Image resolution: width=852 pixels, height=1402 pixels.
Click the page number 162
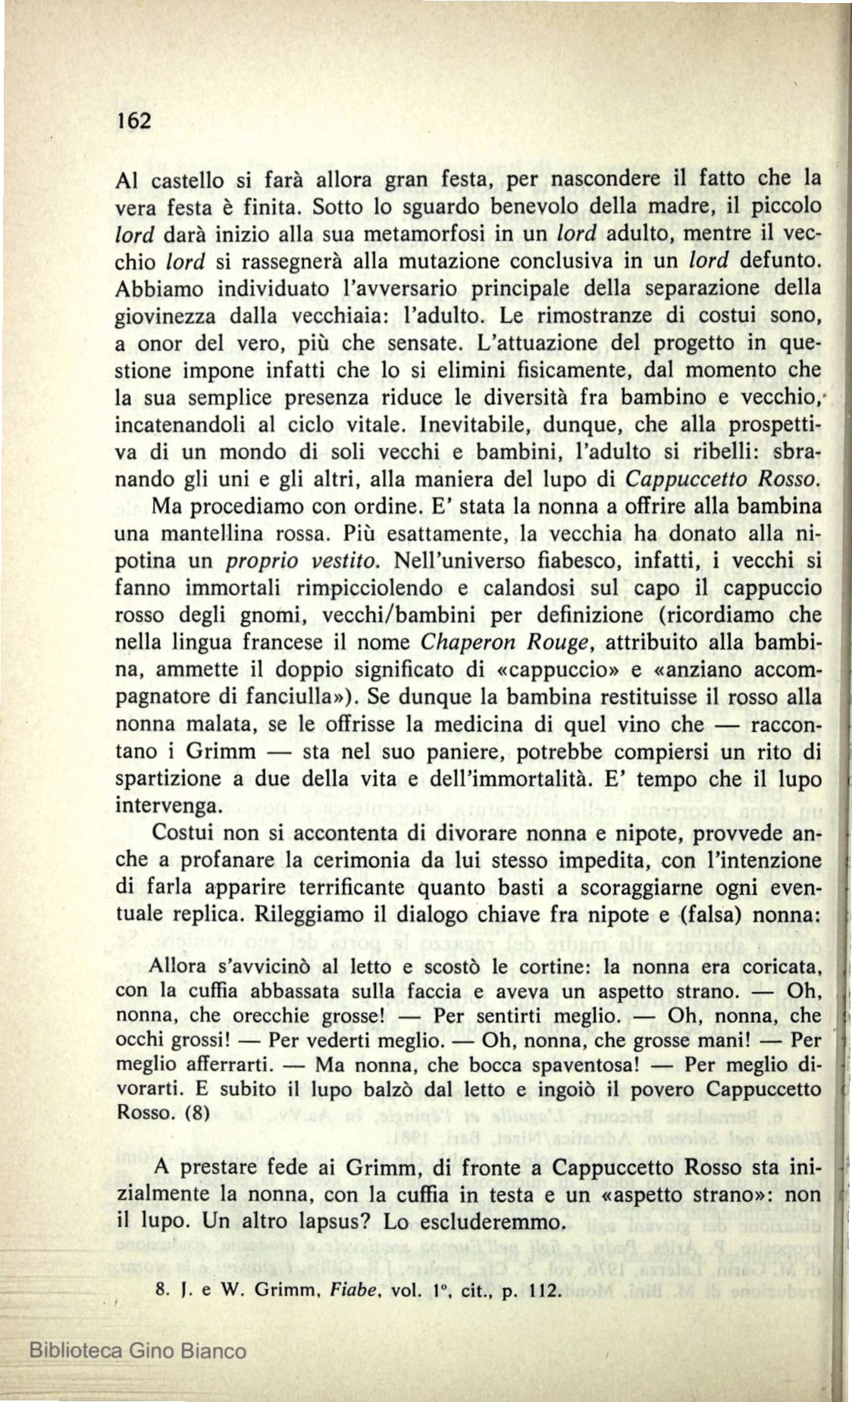click(x=135, y=120)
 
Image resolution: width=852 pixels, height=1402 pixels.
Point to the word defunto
click(x=783, y=261)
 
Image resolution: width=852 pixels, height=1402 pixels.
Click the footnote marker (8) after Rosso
click(x=182, y=1114)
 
